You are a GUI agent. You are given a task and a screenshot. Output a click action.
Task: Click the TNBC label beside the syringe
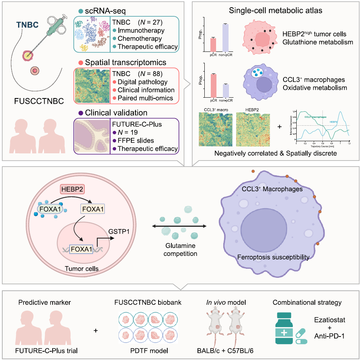(28, 25)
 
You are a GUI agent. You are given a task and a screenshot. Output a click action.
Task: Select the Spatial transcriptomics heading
(120, 62)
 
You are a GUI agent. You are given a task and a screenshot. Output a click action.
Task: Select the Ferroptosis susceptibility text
(273, 258)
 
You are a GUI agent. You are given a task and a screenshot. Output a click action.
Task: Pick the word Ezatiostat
(330, 319)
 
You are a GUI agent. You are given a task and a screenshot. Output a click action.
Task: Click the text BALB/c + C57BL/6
(229, 351)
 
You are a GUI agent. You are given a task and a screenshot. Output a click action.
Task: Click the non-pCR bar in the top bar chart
(225, 37)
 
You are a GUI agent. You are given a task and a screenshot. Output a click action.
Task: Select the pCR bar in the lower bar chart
(213, 85)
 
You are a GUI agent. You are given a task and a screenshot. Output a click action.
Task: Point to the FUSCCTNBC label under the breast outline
(34, 101)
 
